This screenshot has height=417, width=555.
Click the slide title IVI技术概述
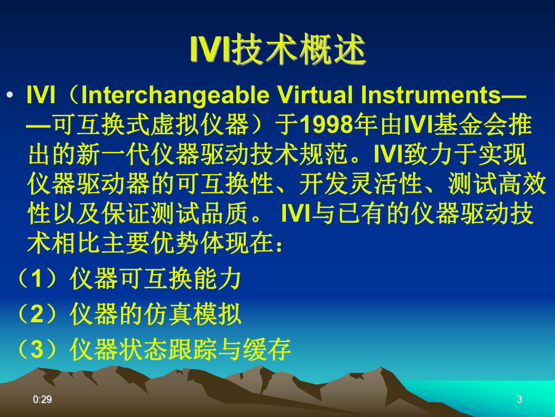[278, 49]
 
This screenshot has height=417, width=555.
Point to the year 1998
[326, 125]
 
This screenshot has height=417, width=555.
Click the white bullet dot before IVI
[10, 95]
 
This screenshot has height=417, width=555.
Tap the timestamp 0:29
[42, 400]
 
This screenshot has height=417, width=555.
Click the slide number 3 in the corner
[519, 400]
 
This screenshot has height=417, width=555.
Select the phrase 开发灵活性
[360, 184]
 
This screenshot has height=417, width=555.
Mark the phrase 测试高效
[497, 184]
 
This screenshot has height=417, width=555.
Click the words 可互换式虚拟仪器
[151, 125]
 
